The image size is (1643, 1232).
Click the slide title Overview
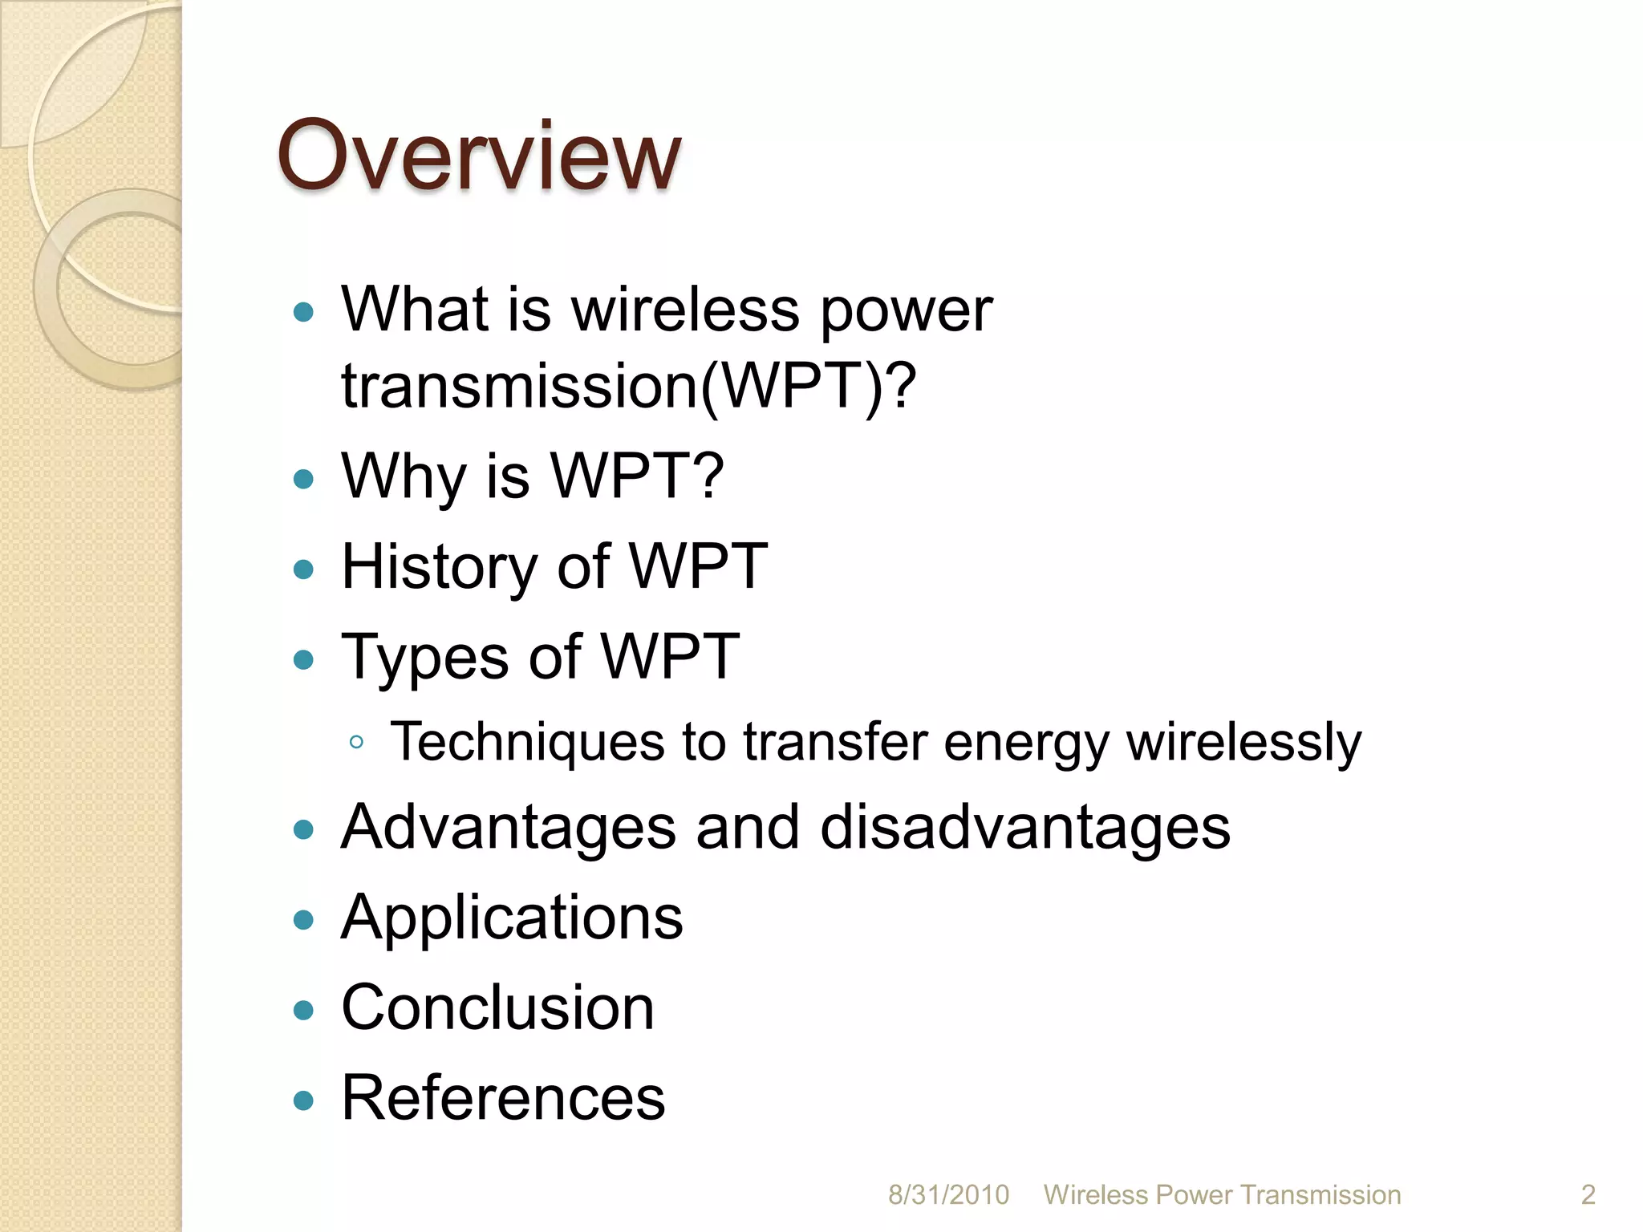tap(479, 156)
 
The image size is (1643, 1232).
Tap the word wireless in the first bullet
tap(685, 310)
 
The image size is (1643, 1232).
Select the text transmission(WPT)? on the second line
tap(628, 387)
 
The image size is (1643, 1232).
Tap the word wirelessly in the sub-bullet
tap(1243, 742)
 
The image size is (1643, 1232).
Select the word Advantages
tap(508, 828)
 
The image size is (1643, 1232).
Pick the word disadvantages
tap(1024, 828)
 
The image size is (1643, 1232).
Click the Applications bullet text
tap(512, 918)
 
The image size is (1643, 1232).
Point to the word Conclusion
tap(497, 1008)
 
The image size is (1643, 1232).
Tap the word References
tap(503, 1098)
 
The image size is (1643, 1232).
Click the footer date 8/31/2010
tap(948, 1195)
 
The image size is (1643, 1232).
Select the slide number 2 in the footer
tap(1588, 1195)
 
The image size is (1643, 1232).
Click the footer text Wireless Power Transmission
tap(1222, 1195)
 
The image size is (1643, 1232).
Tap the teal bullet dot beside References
tap(303, 1100)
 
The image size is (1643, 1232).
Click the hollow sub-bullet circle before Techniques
tap(357, 743)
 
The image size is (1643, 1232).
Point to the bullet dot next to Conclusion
tap(303, 1010)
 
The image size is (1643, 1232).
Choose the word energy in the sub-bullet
tap(1026, 742)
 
